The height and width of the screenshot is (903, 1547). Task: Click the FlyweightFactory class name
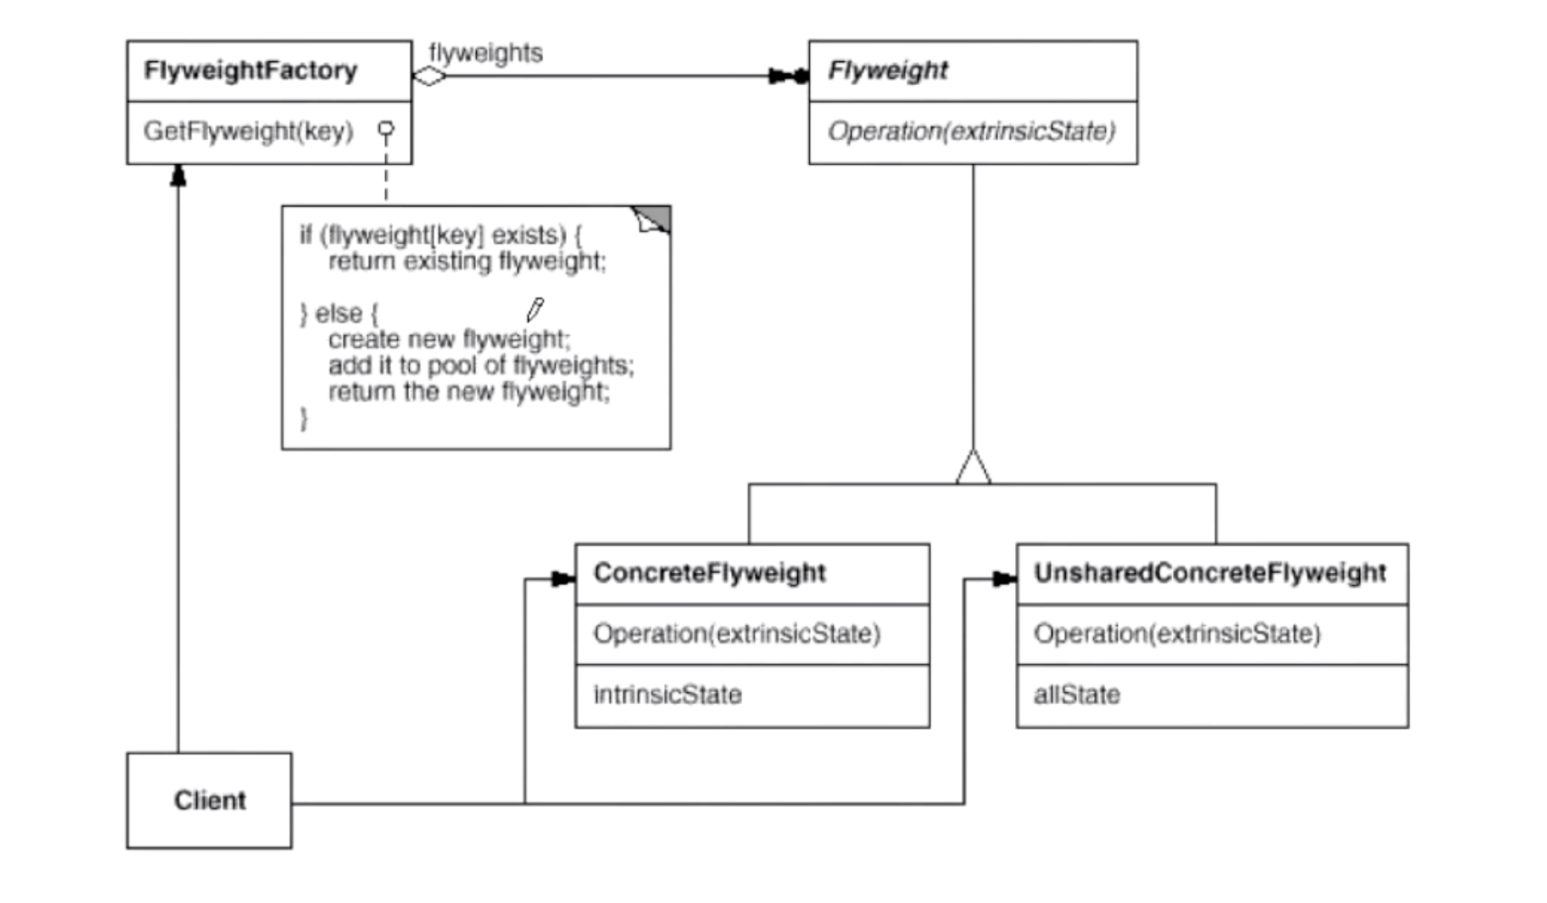251,71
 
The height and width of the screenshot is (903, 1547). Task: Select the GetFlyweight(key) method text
248,132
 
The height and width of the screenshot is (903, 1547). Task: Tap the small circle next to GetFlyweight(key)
386,130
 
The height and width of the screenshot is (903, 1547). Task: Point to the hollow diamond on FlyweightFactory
430,77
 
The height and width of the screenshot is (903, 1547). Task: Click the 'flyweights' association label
485,53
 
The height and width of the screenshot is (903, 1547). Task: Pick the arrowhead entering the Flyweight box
788,77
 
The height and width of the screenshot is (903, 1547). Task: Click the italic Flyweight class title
887,71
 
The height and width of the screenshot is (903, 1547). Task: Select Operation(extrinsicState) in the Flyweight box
972,132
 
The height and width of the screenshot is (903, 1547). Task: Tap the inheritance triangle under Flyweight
973,467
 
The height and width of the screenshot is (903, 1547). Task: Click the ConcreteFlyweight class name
710,573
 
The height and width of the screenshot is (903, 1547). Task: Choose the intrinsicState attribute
667,695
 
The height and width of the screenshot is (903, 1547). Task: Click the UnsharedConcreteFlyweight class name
1210,573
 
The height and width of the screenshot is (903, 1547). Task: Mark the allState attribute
1077,695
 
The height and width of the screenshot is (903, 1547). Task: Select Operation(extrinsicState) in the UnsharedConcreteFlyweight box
1177,634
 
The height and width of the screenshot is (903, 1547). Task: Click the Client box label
210,800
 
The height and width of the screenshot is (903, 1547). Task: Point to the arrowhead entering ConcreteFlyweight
564,579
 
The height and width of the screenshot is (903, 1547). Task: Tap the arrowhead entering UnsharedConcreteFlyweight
1005,579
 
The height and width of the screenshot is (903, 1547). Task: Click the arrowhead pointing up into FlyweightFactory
178,175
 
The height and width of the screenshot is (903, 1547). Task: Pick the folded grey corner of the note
652,219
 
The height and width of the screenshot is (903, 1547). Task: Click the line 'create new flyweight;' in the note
450,339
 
